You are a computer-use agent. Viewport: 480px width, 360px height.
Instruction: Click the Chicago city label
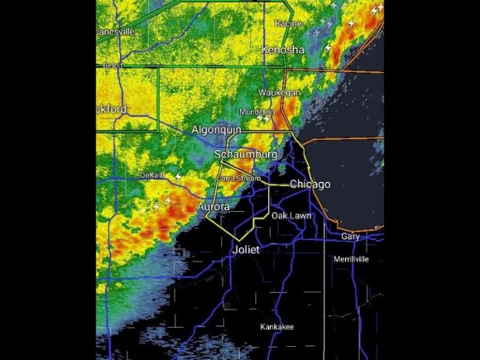tap(310, 184)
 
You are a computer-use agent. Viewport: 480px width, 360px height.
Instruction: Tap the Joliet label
tap(246, 249)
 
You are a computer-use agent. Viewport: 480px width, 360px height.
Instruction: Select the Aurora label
tap(213, 207)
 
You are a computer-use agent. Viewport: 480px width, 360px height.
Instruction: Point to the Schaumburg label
tap(246, 154)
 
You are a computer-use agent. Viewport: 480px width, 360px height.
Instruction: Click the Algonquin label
tap(216, 130)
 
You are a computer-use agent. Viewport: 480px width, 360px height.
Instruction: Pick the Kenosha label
tap(283, 50)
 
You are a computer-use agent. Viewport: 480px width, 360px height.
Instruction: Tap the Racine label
tap(288, 24)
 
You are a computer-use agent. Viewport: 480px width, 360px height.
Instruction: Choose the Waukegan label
tap(280, 92)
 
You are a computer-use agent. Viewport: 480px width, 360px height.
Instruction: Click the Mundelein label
tap(257, 112)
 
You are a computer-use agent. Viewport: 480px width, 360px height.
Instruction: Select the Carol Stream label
tap(239, 178)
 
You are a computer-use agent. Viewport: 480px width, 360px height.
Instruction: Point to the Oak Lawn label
tap(291, 216)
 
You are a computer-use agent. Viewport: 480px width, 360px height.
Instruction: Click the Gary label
tap(351, 237)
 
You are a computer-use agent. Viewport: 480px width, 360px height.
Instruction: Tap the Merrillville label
tap(351, 259)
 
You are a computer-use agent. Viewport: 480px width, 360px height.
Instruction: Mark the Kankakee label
tap(277, 327)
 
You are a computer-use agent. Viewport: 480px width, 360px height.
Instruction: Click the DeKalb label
tap(152, 176)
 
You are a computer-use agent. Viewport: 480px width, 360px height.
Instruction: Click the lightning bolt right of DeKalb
tap(178, 177)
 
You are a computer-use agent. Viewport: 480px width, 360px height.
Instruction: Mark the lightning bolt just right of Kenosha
tap(327, 48)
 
